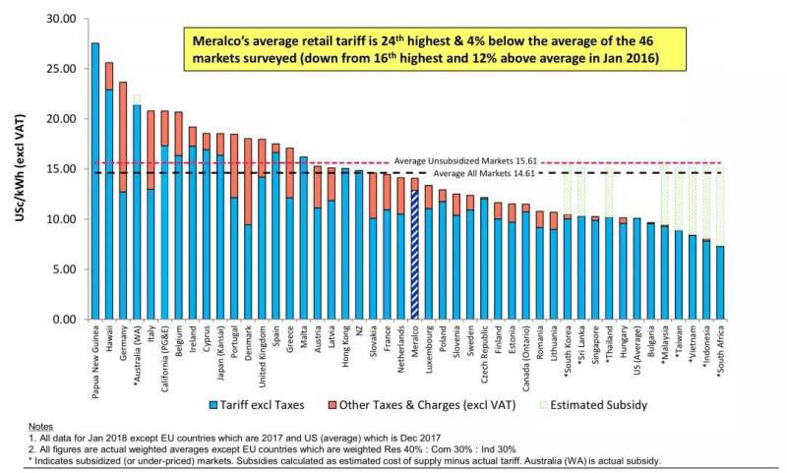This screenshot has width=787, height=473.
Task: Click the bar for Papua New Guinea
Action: (x=95, y=182)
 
